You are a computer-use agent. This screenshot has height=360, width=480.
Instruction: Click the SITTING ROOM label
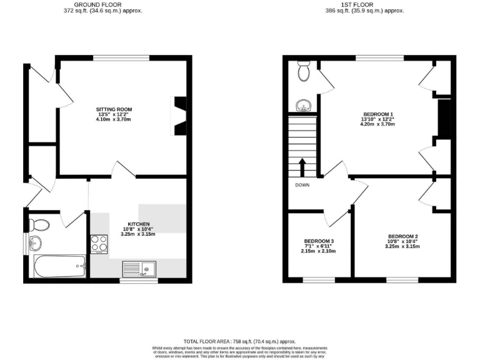(114, 109)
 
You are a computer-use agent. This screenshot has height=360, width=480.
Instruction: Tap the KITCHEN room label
(138, 224)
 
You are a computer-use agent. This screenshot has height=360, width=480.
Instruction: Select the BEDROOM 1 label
(377, 114)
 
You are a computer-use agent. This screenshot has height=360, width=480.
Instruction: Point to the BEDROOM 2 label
(402, 236)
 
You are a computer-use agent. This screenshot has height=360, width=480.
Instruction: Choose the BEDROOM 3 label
(319, 241)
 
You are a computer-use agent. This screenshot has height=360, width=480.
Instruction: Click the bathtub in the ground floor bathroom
(59, 267)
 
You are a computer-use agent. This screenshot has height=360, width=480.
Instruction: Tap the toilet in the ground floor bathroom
(39, 224)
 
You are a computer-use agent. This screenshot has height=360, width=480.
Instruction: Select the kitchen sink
(139, 268)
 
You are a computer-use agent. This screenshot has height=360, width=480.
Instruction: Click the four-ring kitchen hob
(99, 242)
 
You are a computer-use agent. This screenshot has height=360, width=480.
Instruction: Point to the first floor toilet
(304, 72)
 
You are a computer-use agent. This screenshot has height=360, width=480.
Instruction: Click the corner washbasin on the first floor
(303, 106)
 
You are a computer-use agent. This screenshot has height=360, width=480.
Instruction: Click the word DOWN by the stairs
(303, 184)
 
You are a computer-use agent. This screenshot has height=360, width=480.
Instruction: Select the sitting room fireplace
(180, 116)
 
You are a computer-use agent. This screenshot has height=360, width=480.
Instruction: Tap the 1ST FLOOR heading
(364, 4)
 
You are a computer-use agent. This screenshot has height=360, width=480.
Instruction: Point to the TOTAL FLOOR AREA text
(239, 341)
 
